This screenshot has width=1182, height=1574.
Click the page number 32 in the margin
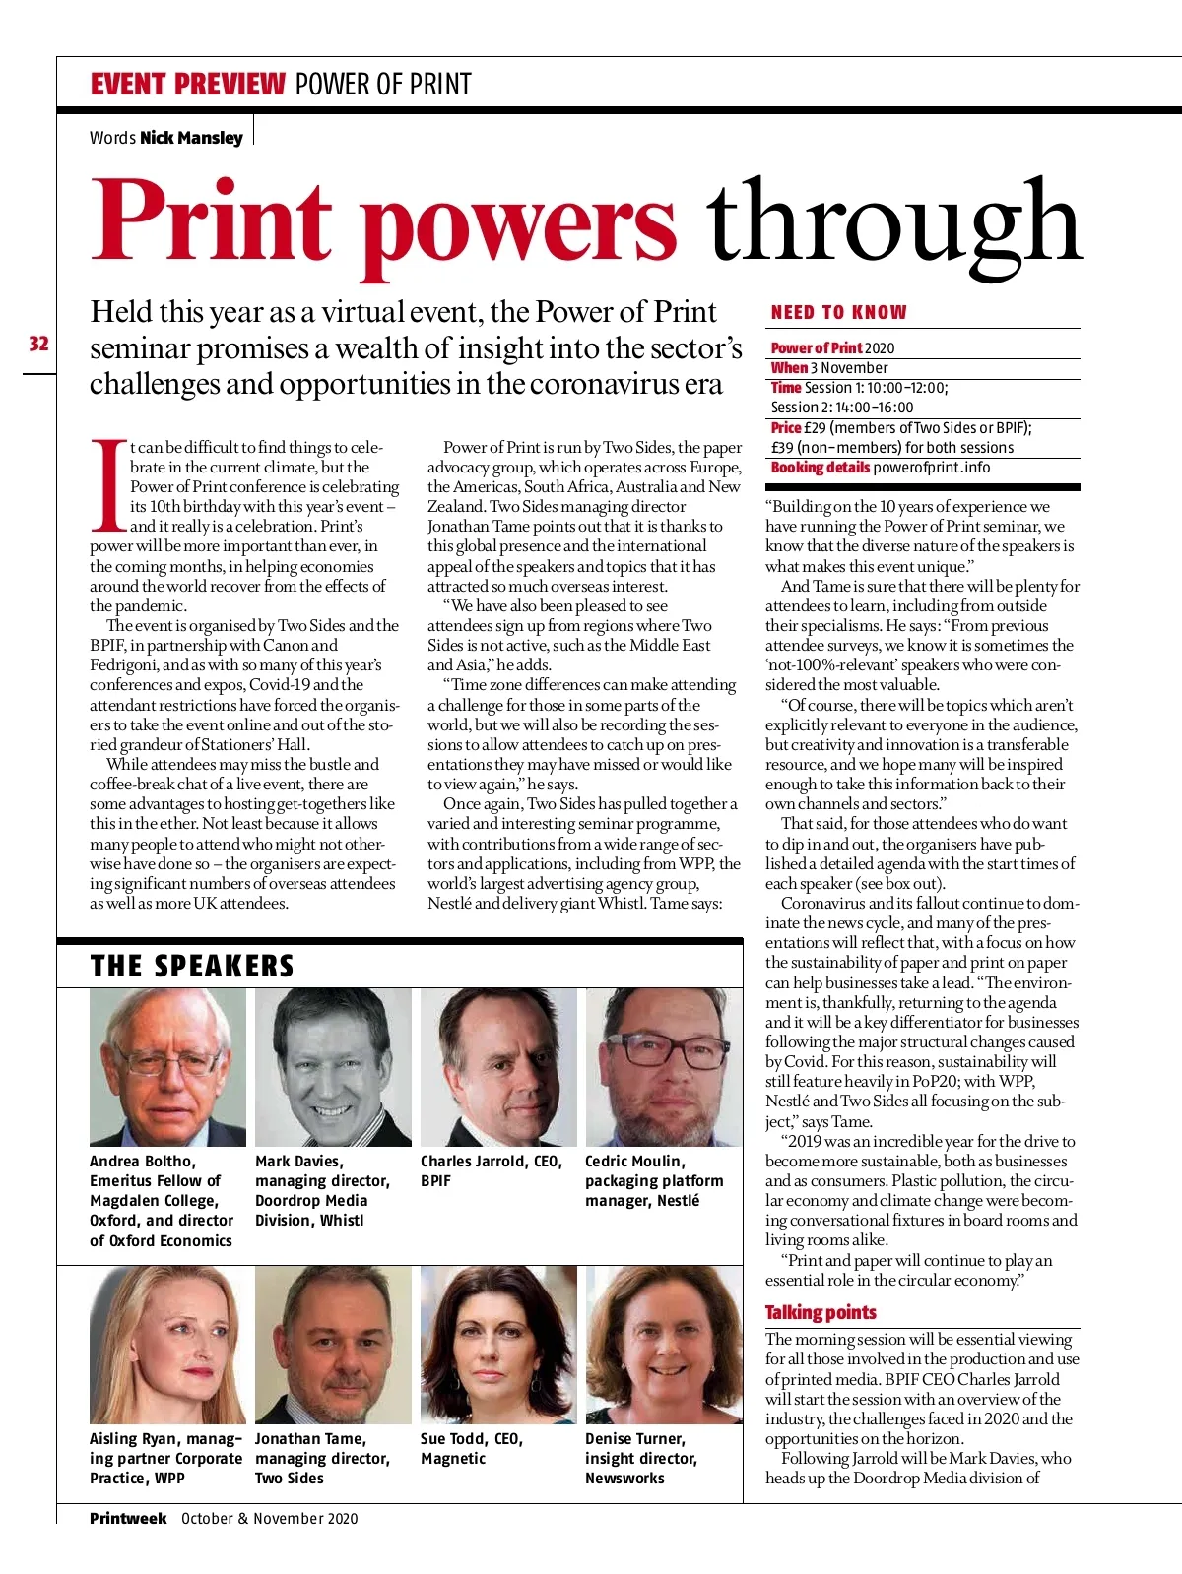click(x=38, y=344)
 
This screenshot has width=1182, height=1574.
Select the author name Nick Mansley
click(x=191, y=138)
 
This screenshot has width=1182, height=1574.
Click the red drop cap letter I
click(x=108, y=484)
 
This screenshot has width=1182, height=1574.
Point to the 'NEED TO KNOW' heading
click(x=838, y=312)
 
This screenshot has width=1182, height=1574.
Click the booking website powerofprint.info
click(x=932, y=468)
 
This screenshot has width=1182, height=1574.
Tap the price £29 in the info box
click(x=815, y=428)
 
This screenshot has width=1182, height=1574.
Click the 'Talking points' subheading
click(x=821, y=1312)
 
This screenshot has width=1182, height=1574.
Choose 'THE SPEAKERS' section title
click(x=192, y=966)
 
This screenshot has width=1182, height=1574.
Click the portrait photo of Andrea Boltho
click(x=167, y=1067)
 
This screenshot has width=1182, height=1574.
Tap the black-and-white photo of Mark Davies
click(x=333, y=1067)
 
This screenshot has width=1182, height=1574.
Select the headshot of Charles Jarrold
click(x=498, y=1067)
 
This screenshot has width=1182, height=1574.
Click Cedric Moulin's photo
click(x=663, y=1067)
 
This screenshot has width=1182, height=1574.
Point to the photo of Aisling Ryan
click(x=167, y=1345)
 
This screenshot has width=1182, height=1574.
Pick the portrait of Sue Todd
click(x=498, y=1345)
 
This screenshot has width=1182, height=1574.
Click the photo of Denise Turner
click(x=663, y=1345)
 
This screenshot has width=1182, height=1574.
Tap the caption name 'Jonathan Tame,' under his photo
click(x=310, y=1439)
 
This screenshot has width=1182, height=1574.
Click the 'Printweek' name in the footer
click(x=128, y=1518)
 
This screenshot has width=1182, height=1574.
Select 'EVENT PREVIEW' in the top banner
click(x=187, y=85)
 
